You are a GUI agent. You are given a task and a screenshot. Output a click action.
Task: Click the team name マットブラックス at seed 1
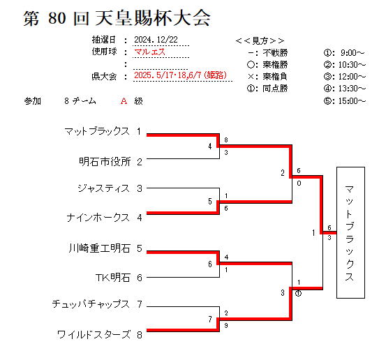(x=97, y=131)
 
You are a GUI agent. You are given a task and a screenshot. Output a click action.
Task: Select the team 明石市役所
(x=105, y=162)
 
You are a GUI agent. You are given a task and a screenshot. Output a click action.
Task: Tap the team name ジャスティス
(x=104, y=188)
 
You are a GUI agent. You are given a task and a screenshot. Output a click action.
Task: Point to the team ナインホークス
(x=98, y=218)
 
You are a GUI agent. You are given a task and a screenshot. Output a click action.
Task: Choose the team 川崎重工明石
(x=100, y=248)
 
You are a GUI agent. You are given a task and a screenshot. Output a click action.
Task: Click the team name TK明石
(x=113, y=278)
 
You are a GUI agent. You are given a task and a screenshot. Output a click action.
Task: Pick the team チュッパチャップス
(x=91, y=304)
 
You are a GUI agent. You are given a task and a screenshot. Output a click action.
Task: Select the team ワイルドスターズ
(x=94, y=335)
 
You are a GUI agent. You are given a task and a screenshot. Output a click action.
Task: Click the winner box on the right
(x=350, y=232)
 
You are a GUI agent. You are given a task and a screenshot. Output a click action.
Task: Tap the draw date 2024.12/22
(x=156, y=40)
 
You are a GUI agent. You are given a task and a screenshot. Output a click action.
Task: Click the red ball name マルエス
(x=149, y=52)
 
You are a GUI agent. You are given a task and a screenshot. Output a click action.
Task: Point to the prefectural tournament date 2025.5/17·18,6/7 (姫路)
(x=180, y=75)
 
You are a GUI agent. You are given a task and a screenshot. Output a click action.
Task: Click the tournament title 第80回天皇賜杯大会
(x=117, y=18)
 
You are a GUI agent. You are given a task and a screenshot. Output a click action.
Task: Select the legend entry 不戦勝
(x=275, y=52)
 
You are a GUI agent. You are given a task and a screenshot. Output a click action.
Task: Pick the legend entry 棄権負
(x=275, y=77)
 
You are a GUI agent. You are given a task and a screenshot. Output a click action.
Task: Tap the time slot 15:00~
(x=352, y=100)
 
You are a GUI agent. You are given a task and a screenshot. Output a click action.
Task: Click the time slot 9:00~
(x=352, y=52)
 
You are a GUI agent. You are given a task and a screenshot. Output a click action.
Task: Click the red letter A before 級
(x=124, y=100)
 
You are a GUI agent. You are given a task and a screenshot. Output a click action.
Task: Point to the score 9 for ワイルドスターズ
(x=226, y=325)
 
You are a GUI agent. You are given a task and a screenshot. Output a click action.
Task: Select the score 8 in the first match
(x=226, y=140)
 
